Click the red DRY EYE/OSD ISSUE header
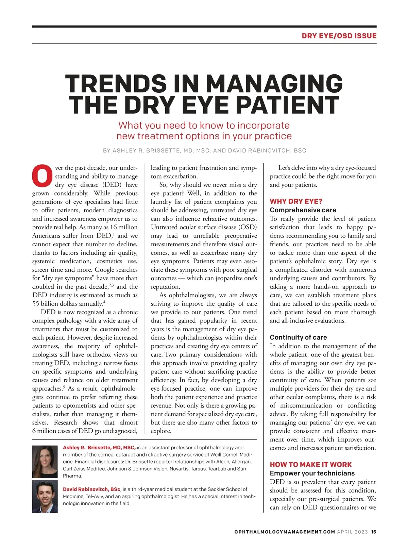click(339, 36)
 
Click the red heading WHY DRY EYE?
click(296, 201)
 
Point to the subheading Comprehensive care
click(303, 210)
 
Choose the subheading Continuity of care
click(298, 337)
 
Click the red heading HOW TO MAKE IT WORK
click(311, 464)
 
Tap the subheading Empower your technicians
click(312, 473)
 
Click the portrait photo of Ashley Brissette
click(45, 462)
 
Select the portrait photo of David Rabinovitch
click(45, 496)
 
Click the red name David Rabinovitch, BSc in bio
click(91, 489)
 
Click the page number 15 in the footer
click(374, 532)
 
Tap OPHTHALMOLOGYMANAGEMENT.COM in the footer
click(285, 532)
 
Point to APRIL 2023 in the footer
click(352, 532)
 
